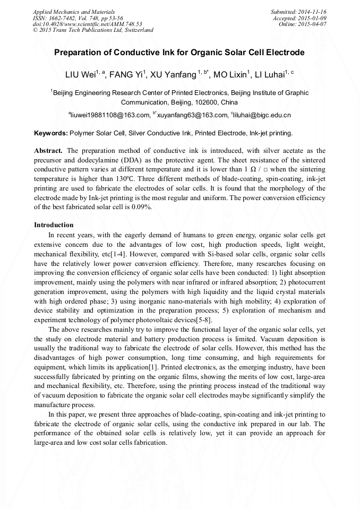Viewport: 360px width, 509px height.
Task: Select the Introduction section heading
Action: (54, 225)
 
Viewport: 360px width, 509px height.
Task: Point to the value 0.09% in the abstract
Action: (141, 207)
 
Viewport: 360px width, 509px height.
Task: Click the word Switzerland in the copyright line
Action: (138, 30)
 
